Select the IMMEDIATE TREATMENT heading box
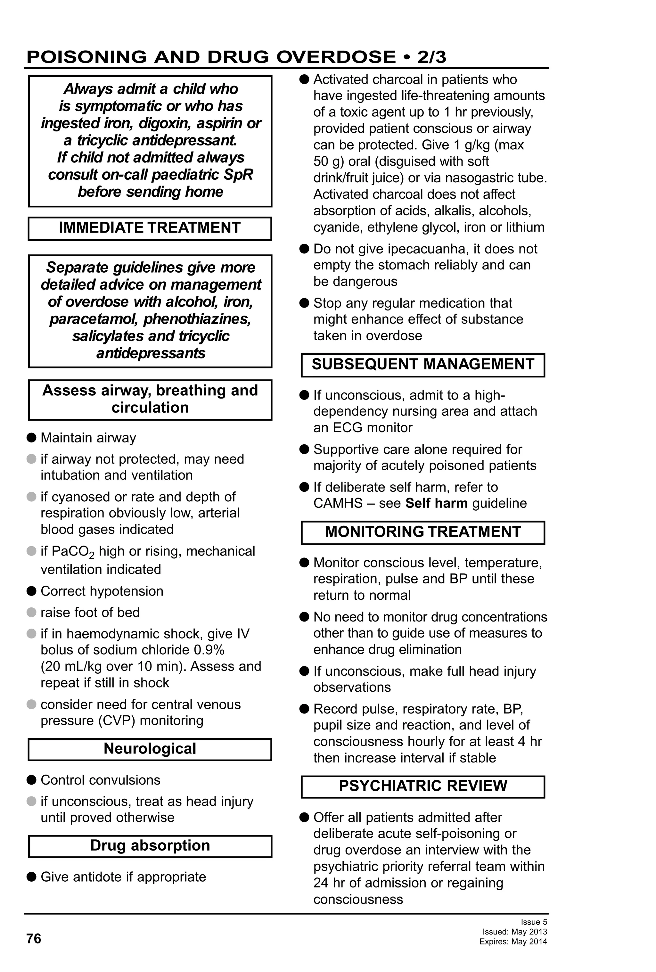tap(150, 228)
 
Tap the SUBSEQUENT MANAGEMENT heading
tap(423, 364)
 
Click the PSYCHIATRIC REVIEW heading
tap(423, 786)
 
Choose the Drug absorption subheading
tap(150, 845)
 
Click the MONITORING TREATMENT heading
tap(423, 531)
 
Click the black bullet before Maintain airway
tap(31, 438)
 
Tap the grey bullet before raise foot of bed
tap(31, 612)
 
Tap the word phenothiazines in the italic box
tap(197, 319)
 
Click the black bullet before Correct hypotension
tap(31, 591)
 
